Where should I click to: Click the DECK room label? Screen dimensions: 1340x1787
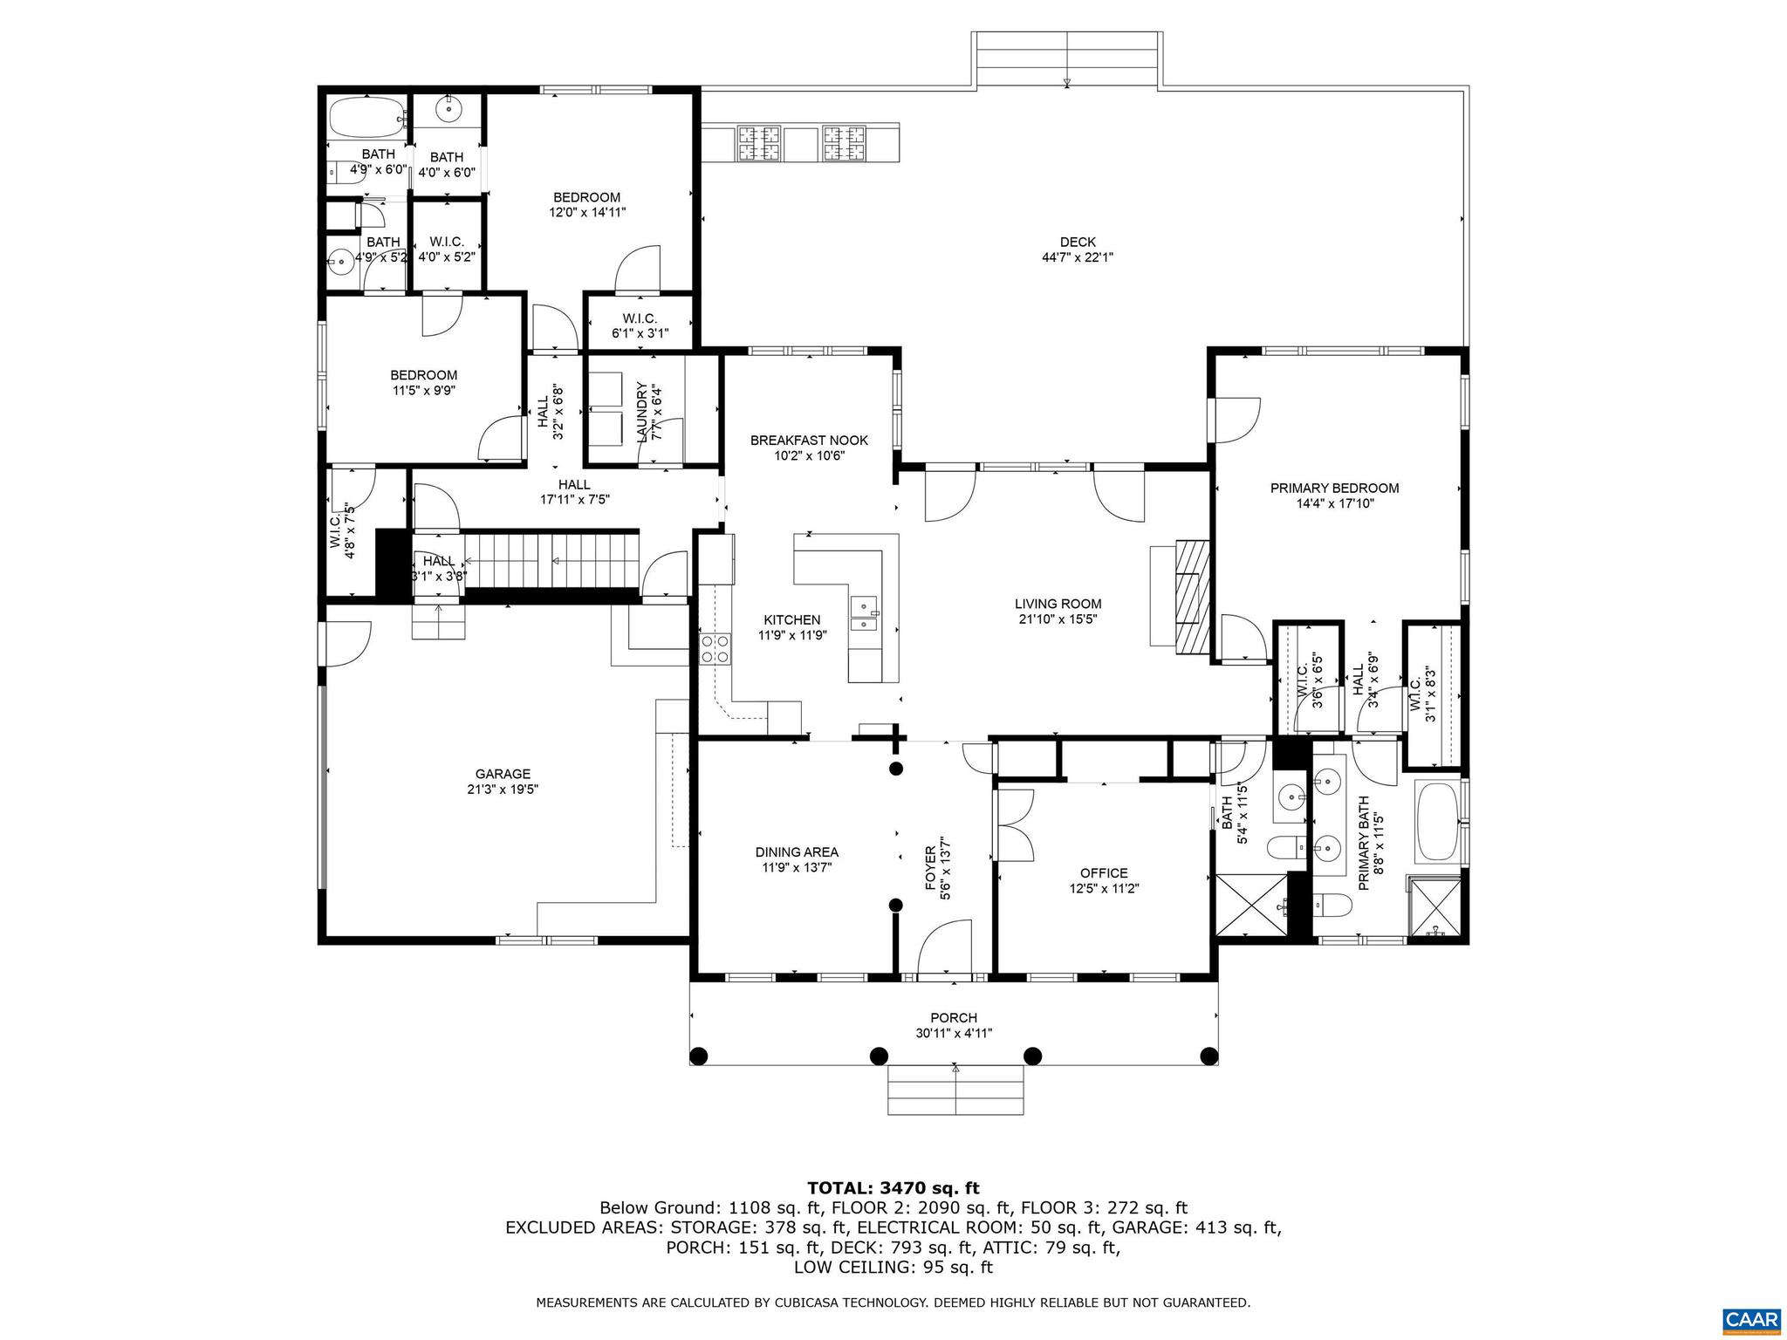(x=1078, y=242)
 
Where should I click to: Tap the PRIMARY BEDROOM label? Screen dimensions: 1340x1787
(x=1334, y=488)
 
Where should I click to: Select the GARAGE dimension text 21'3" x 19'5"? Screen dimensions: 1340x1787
(x=503, y=789)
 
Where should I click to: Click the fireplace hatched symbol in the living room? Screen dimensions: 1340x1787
(x=1193, y=597)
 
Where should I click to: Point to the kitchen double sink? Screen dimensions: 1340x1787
(x=866, y=612)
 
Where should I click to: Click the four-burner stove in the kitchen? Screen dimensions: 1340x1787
(x=715, y=649)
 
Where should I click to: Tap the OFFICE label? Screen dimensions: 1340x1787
(x=1104, y=872)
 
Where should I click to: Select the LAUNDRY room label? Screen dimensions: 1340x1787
(x=642, y=411)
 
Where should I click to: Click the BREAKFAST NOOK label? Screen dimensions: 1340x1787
(x=809, y=441)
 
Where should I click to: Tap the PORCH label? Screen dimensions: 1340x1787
(x=954, y=1017)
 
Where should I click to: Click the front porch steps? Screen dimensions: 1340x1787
(x=955, y=1089)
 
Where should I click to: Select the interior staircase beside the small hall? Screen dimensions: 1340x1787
(x=550, y=562)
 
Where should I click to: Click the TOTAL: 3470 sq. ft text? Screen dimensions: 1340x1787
(x=893, y=1187)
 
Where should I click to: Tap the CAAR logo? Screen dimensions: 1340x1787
(x=1753, y=1317)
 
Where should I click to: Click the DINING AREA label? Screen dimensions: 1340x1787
(x=797, y=851)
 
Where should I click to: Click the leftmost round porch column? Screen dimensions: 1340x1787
(x=698, y=1056)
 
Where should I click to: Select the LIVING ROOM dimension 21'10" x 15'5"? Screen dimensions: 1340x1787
(x=1058, y=619)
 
